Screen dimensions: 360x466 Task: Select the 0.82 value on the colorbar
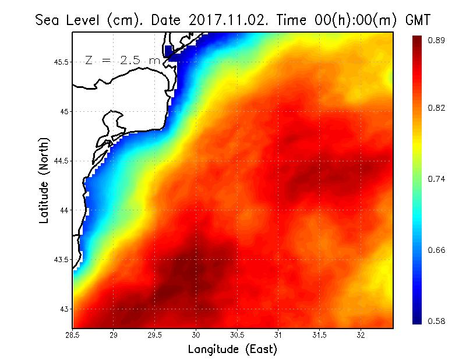coord(437,108)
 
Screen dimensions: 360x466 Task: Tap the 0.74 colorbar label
coord(437,179)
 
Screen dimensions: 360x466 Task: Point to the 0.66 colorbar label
coord(437,250)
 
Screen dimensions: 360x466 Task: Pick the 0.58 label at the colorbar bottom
coord(437,321)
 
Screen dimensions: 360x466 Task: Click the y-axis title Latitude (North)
coord(44,181)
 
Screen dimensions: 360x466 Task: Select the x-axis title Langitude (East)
coord(232,350)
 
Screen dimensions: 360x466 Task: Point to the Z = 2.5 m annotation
coord(122,60)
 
